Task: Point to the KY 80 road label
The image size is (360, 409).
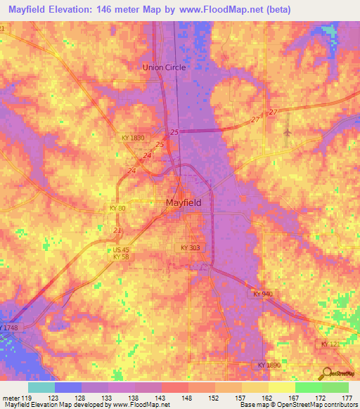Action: tap(118, 209)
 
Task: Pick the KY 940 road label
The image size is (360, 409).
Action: tap(262, 293)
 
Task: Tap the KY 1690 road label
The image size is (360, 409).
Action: tap(269, 365)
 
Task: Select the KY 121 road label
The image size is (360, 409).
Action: tap(330, 344)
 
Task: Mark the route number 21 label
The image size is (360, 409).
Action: tap(118, 231)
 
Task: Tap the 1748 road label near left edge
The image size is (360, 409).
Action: tap(10, 328)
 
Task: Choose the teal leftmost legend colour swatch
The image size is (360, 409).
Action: tap(41, 387)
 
